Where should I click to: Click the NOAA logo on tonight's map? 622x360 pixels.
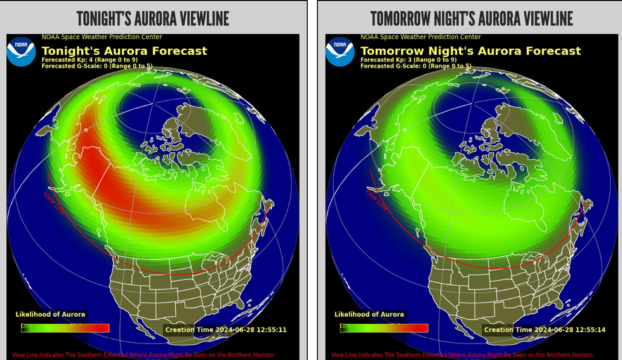point(21,52)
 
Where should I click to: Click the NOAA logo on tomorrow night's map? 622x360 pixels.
point(340,52)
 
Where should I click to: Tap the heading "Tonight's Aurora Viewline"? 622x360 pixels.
point(152,18)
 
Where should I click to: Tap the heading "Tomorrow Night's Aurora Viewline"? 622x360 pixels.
point(471,18)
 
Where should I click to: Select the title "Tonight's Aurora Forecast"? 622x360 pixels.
point(124,51)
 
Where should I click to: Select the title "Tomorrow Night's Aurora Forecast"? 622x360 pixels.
point(470,51)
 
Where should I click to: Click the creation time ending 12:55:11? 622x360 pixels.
point(225,330)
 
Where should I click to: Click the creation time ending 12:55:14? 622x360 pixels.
point(544,330)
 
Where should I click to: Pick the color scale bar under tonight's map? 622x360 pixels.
point(65,328)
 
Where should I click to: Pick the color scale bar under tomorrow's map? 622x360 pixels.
point(383,328)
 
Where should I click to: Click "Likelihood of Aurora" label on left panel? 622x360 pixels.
point(50,314)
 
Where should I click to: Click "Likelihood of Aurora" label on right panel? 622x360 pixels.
point(369,314)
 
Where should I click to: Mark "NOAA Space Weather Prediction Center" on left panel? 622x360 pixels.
point(102,37)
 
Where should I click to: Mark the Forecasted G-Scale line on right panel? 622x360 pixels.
point(416,65)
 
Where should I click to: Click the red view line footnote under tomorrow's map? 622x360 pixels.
point(461,355)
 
